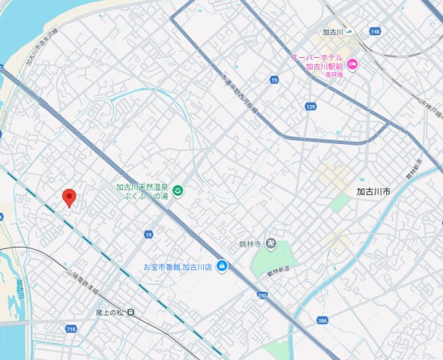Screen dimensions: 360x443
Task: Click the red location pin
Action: pyautogui.click(x=70, y=197)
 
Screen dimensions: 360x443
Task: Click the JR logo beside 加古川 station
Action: pyautogui.click(x=353, y=32)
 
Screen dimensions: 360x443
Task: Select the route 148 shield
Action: pyautogui.click(x=375, y=31)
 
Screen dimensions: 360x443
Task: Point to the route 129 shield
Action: pyautogui.click(x=310, y=107)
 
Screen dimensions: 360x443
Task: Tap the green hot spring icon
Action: pyautogui.click(x=178, y=192)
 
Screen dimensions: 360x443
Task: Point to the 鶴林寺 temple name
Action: pyautogui.click(x=248, y=244)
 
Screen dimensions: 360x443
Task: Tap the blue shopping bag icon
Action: pyautogui.click(x=222, y=266)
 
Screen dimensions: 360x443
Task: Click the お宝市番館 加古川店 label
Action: pyautogui.click(x=179, y=266)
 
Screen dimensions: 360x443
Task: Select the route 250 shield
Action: pyautogui.click(x=262, y=295)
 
